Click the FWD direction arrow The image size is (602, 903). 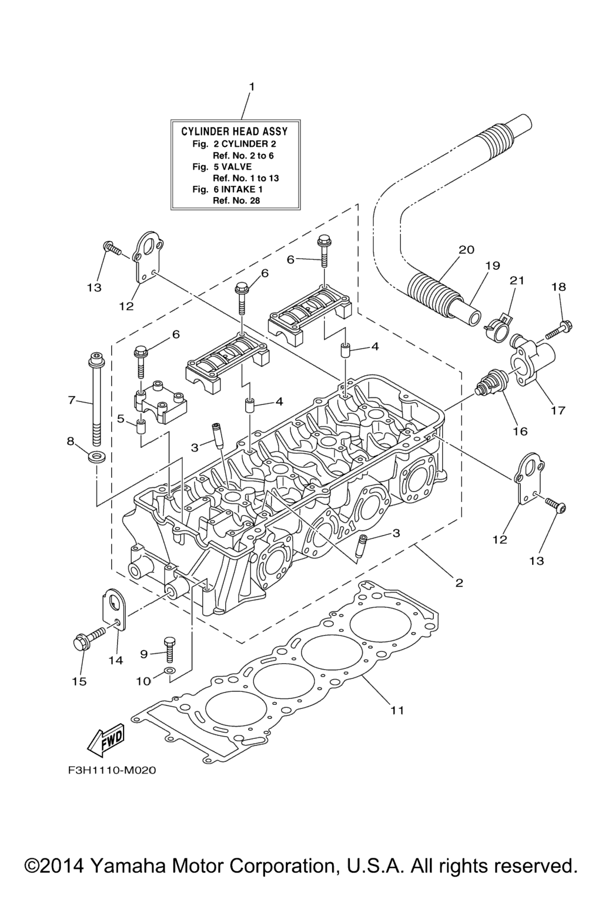(x=106, y=739)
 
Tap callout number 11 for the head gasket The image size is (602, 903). (x=397, y=710)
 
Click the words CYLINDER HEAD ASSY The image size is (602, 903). (x=233, y=131)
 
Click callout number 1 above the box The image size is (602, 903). (x=252, y=87)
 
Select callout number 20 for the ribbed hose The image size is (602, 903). (x=466, y=249)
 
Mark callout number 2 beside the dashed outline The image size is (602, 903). (x=459, y=583)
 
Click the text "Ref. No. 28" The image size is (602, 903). (x=236, y=200)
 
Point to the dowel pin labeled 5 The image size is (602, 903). (x=141, y=426)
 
